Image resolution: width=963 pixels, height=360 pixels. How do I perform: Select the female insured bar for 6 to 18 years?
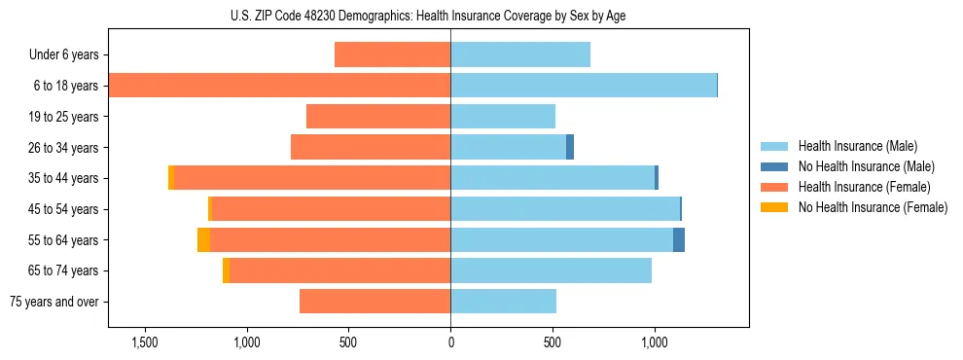(x=279, y=86)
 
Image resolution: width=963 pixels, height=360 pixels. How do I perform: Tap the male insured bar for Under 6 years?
(x=520, y=54)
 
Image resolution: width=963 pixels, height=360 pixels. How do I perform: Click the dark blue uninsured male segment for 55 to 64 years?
(x=679, y=239)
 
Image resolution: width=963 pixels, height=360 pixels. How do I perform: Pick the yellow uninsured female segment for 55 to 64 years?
(x=203, y=239)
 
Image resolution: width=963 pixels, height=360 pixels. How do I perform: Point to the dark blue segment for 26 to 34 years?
(x=570, y=147)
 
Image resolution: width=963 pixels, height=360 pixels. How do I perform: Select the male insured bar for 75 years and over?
(x=503, y=302)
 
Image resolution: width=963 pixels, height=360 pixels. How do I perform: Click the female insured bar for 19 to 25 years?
(x=378, y=117)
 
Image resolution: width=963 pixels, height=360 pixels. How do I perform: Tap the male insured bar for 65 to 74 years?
(x=551, y=270)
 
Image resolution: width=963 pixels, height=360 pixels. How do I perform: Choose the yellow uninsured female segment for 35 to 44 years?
(x=171, y=178)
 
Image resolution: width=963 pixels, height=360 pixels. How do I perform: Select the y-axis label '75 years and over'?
(x=54, y=302)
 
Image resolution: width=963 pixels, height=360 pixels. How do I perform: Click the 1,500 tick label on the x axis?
(x=144, y=342)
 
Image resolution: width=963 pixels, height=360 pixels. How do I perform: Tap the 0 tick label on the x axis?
(x=450, y=342)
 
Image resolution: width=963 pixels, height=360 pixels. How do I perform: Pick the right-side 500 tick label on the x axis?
(x=553, y=342)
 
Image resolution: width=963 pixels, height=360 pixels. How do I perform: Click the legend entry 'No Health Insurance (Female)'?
(x=873, y=207)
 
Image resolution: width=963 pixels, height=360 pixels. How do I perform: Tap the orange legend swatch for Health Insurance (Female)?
(x=775, y=187)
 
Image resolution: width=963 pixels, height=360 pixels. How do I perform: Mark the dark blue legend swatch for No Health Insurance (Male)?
(x=775, y=166)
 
